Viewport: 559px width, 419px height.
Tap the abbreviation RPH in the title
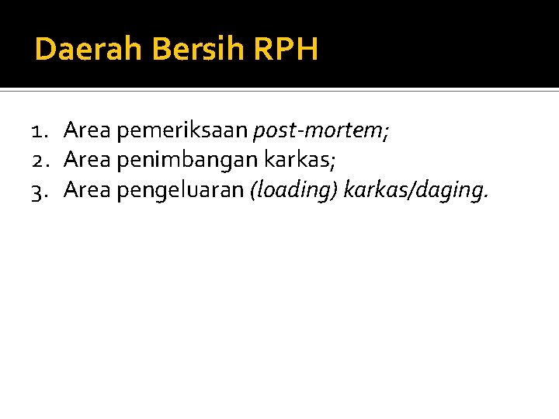[x=286, y=50]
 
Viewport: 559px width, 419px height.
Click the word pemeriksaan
[x=183, y=132]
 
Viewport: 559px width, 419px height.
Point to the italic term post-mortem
[x=318, y=132]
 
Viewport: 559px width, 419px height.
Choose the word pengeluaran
[x=180, y=189]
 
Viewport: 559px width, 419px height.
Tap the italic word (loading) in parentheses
[x=293, y=189]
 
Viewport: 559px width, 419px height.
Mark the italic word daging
[x=450, y=190]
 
